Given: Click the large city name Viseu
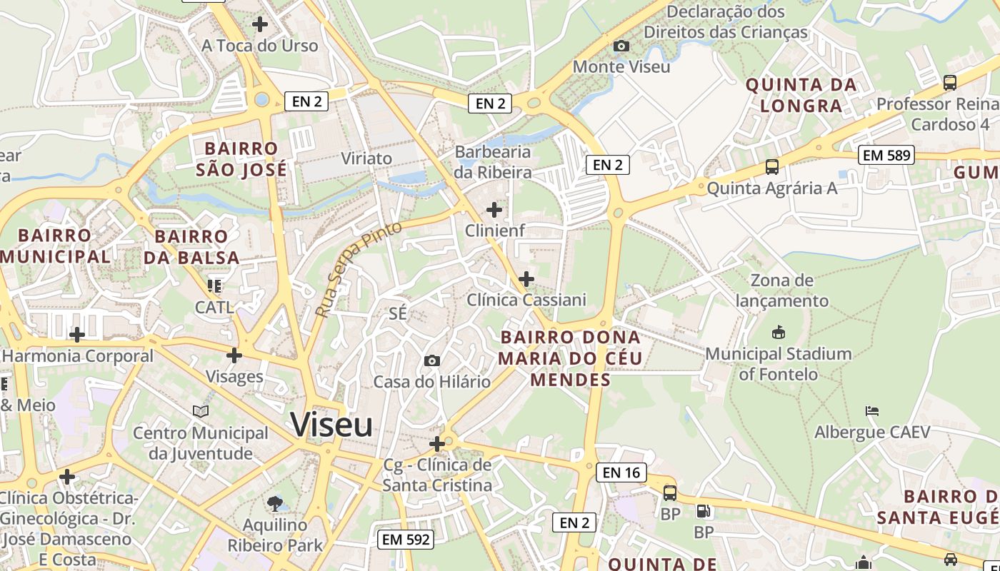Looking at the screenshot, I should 331,425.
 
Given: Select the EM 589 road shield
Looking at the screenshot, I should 886,155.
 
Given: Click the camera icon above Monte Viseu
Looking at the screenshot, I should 621,46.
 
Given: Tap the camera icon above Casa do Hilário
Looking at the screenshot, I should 432,361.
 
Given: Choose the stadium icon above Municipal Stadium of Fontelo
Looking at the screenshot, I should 779,333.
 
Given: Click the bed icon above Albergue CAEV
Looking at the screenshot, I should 871,411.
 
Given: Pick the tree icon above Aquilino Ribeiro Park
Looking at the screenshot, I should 274,504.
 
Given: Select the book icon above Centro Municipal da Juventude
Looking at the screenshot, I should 201,412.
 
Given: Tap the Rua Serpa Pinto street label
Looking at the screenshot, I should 358,270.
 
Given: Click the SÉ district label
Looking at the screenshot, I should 398,313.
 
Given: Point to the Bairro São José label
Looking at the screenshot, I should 241,159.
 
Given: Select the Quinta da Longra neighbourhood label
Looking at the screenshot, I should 801,95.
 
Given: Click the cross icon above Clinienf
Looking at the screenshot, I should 494,210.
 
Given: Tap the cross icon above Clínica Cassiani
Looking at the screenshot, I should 526,278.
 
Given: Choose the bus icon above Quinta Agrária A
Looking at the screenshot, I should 772,168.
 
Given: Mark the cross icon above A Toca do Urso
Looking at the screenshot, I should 260,24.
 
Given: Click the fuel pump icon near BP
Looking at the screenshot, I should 703,511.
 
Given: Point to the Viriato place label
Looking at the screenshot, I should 367,158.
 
